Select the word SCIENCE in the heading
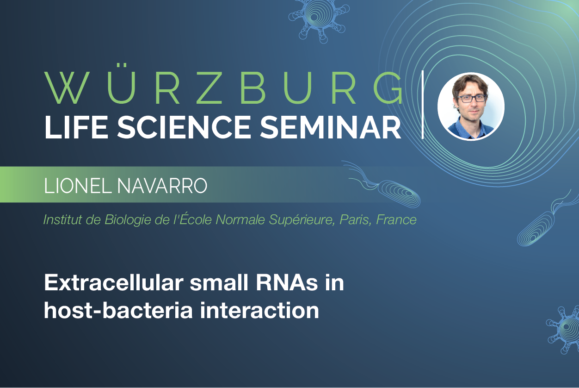pyautogui.click(x=184, y=127)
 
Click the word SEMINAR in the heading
pyautogui.click(x=330, y=127)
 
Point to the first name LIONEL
pyautogui.click(x=78, y=186)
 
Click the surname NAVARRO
pyautogui.click(x=162, y=186)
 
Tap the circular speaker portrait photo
pyautogui.click(x=471, y=106)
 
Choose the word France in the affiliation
pyautogui.click(x=396, y=219)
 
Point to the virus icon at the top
pyautogui.click(x=319, y=19)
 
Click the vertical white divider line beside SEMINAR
pyautogui.click(x=423, y=105)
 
